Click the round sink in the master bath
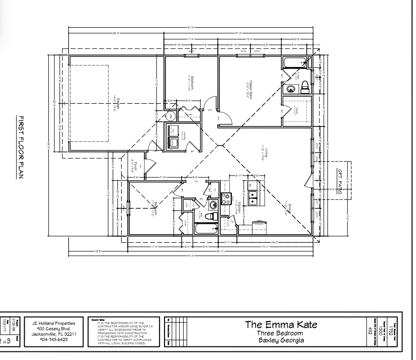click(290, 89)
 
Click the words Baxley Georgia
click(280, 340)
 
